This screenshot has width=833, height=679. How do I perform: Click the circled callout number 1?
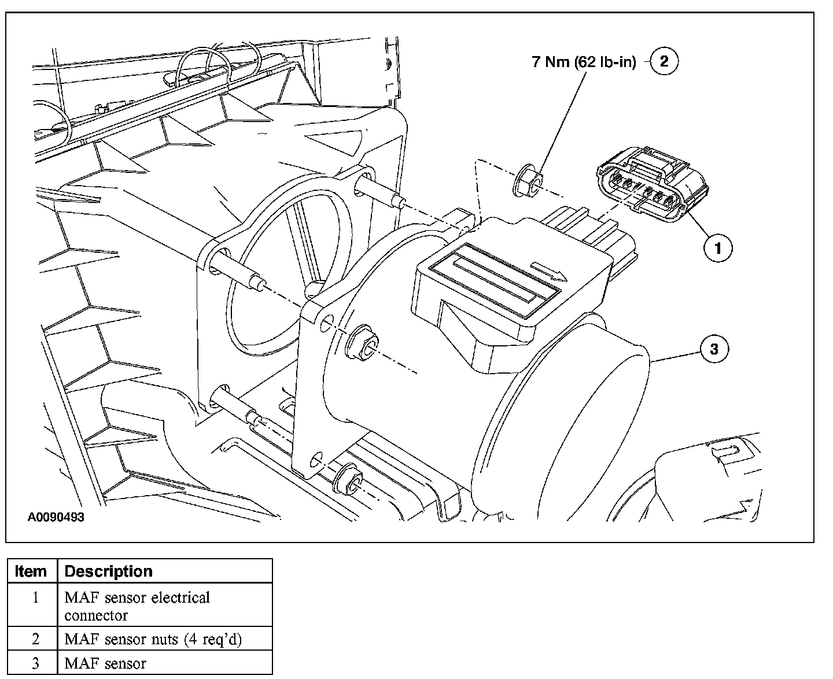pos(718,248)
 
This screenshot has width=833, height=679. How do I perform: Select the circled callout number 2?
pos(664,61)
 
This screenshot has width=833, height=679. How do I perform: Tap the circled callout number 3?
pos(714,349)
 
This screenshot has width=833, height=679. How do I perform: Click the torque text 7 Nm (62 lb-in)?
pos(584,62)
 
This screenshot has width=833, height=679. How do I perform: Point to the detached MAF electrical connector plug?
pos(653,184)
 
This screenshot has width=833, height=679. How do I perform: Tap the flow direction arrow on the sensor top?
pos(548,272)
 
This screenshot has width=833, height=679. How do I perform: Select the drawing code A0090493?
pos(56,517)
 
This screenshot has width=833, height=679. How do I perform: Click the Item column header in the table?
pos(31,571)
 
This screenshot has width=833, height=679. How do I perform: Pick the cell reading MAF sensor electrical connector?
pos(165,605)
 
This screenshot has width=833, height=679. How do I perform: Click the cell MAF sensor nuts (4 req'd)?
pos(165,639)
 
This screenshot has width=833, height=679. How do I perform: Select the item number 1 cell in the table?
pos(35,605)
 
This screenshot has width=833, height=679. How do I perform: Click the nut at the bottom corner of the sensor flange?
pos(347,479)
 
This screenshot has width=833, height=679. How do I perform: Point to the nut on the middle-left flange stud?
pos(361,343)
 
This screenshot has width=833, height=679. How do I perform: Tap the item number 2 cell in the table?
pos(35,639)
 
